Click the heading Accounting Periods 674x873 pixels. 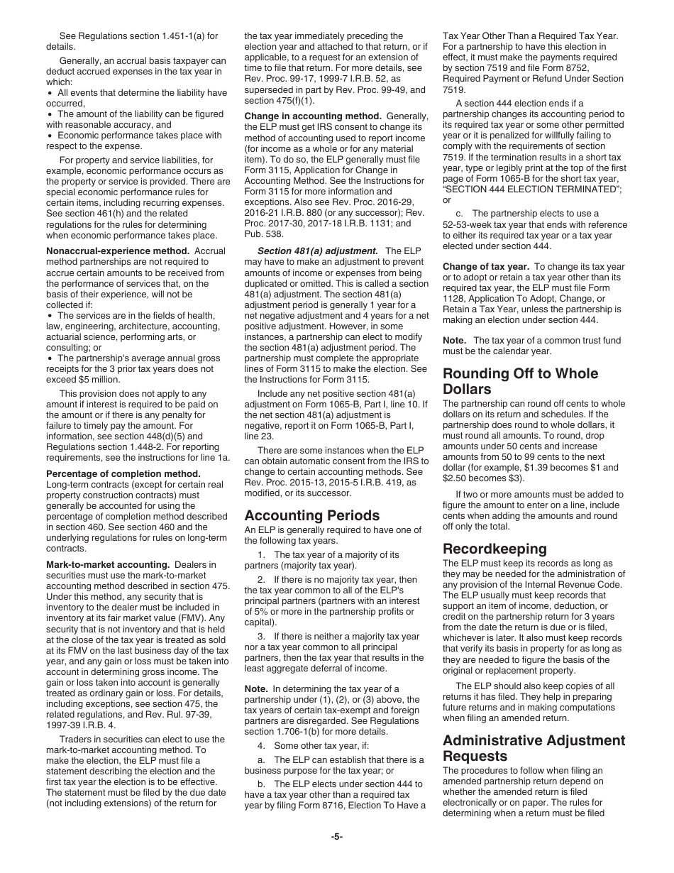(312, 515)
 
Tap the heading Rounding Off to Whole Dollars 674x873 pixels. (520, 381)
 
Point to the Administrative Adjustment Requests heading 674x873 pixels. (534, 748)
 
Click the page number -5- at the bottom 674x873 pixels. (337, 837)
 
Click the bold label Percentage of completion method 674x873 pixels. (123, 473)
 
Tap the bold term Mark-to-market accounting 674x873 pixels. (107, 565)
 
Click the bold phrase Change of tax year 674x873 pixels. (486, 267)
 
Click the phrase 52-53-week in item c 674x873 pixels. (468, 225)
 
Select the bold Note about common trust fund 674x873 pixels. (454, 341)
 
